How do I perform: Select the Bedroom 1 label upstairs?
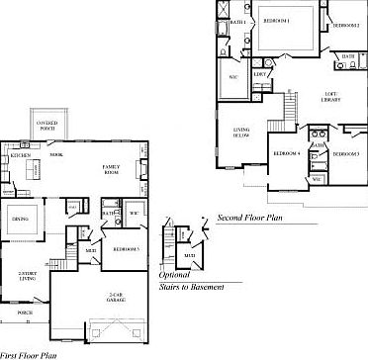(275, 20)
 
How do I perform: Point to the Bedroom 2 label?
(344, 25)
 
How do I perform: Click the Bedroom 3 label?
(345, 155)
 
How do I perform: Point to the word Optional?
(174, 275)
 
